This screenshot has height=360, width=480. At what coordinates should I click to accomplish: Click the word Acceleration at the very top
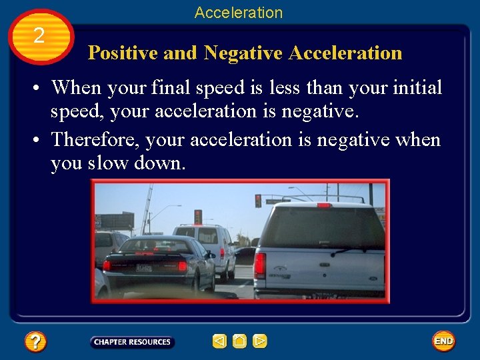pos(239,13)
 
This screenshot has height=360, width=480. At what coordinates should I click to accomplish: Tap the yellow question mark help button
pos(35,342)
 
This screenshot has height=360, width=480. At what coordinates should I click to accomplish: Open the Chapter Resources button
pos(132,342)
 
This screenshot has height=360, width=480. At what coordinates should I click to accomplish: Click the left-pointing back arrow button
pos(219,342)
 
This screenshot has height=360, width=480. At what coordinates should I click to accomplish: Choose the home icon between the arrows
pos(239,342)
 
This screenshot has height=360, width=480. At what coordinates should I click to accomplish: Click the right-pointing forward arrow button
pos(260,342)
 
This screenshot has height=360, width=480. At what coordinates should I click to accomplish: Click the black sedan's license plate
pos(143,267)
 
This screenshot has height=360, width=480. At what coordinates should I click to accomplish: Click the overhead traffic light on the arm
pos(258,201)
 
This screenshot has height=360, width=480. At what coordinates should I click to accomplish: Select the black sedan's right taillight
pos(182,265)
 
